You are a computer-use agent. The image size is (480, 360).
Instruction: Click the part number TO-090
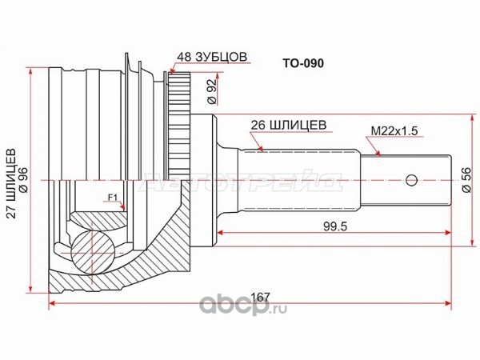[303, 63]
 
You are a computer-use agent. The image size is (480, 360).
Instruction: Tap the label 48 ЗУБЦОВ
[212, 58]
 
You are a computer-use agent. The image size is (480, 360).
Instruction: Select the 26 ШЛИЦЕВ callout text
[289, 126]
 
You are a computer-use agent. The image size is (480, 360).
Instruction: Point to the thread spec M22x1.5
[394, 131]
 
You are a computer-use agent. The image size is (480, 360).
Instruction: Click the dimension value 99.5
[335, 226]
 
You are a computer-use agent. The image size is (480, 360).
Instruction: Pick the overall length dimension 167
[260, 297]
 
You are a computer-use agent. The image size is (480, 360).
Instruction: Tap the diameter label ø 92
[212, 90]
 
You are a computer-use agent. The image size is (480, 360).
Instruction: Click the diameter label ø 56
[466, 180]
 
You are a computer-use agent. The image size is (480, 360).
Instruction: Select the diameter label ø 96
[23, 180]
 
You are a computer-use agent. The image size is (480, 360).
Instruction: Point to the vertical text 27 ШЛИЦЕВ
[12, 183]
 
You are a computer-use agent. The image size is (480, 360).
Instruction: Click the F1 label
[113, 198]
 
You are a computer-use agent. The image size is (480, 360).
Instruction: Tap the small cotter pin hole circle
[412, 180]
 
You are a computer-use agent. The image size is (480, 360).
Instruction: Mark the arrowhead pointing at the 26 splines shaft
[260, 149]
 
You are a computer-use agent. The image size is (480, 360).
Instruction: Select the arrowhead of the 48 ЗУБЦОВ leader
[171, 72]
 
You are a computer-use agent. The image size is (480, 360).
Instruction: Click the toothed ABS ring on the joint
[179, 126]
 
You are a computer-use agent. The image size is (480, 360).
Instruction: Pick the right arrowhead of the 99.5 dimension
[448, 233]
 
